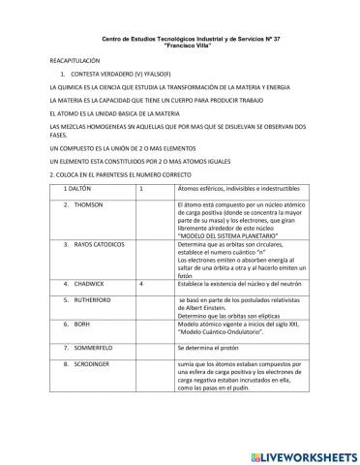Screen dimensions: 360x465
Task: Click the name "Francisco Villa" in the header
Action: pos(181,45)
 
